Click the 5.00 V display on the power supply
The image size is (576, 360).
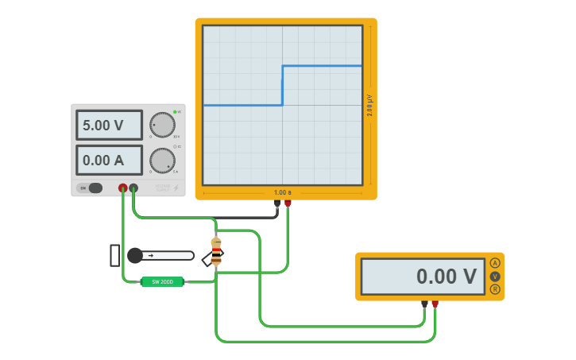(x=109, y=125)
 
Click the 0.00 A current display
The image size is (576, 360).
(x=109, y=160)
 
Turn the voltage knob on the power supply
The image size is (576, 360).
(x=162, y=125)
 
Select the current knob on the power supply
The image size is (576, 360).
(x=162, y=160)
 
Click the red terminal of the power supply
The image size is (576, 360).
(x=122, y=188)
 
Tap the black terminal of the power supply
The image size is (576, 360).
(x=133, y=188)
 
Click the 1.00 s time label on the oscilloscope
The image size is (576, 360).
(x=282, y=192)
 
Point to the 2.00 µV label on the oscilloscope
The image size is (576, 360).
(x=369, y=106)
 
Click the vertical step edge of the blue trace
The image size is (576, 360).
(x=282, y=85)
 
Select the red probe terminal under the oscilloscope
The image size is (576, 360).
(x=288, y=203)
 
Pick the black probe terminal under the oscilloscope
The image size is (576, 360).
(x=277, y=203)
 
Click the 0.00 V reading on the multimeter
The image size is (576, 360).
(x=423, y=277)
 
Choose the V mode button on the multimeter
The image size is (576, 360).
(x=495, y=277)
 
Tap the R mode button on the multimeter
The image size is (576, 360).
(x=495, y=289)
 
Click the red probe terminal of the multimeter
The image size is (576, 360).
(x=435, y=304)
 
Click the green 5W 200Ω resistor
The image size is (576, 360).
(x=162, y=281)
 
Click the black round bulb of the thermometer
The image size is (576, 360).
(x=135, y=255)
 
